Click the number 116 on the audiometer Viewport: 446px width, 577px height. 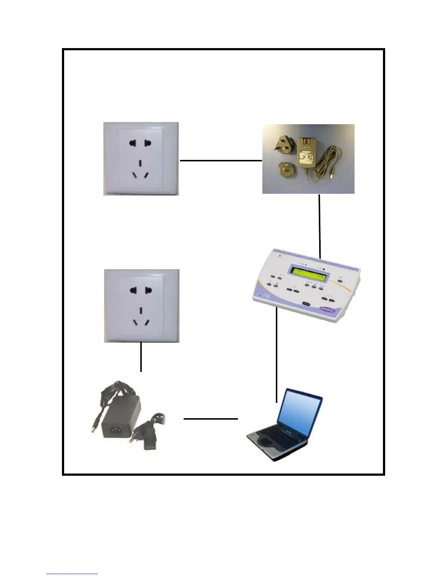[x=265, y=296]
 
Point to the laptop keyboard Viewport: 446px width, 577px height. [x=288, y=436]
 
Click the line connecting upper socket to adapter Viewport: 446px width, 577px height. [x=221, y=160]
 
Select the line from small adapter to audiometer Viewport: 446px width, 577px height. [x=320, y=226]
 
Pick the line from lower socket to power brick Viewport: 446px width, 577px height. [x=141, y=357]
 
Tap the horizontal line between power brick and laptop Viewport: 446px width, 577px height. [x=211, y=419]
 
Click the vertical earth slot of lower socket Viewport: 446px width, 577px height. [x=140, y=310]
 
